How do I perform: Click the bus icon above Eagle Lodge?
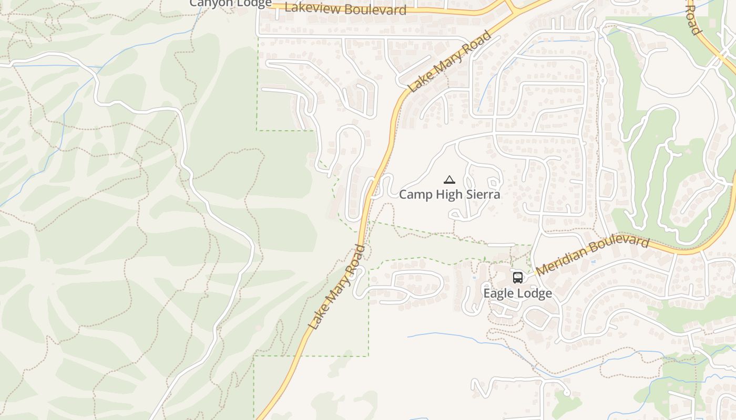518,277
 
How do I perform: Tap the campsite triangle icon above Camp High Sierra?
449,180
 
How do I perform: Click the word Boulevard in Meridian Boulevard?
621,244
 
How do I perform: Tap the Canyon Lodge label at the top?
230,3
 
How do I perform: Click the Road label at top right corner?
694,19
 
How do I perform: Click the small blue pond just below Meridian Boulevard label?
594,261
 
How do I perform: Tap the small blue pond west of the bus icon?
474,277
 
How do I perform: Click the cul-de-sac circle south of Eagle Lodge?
566,392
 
